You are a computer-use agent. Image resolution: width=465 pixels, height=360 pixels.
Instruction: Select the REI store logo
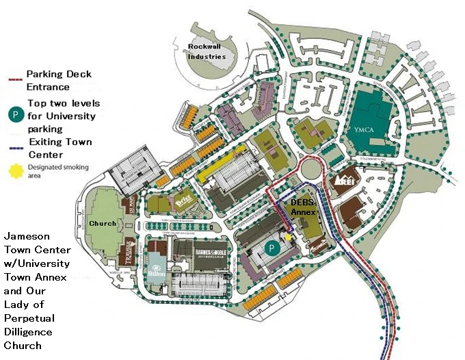(x=342, y=181)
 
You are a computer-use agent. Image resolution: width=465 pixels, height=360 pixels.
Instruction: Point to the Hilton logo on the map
(x=156, y=273)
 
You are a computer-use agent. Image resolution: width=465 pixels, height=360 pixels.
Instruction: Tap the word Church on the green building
(x=103, y=224)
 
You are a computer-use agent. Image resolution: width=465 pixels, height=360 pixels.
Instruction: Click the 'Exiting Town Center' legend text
(x=57, y=147)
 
